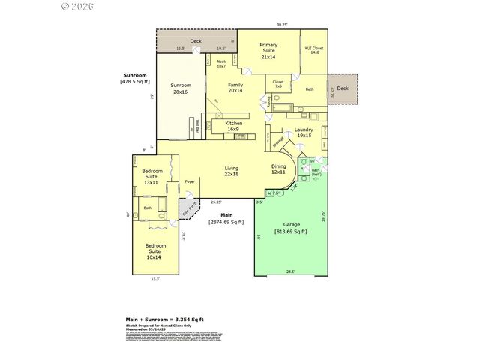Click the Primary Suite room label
pos(268,51)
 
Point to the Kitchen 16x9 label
pos(233,125)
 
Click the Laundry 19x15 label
pos(304,133)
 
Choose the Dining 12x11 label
pos(278,169)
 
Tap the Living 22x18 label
pos(232,171)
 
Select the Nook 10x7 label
pos(221,64)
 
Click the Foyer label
pos(190,181)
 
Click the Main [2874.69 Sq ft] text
pos(226,219)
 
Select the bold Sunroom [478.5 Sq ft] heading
pos(136,78)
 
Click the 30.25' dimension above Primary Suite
pos(281,24)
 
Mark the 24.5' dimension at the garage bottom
pos(289,271)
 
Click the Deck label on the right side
pos(343,88)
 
